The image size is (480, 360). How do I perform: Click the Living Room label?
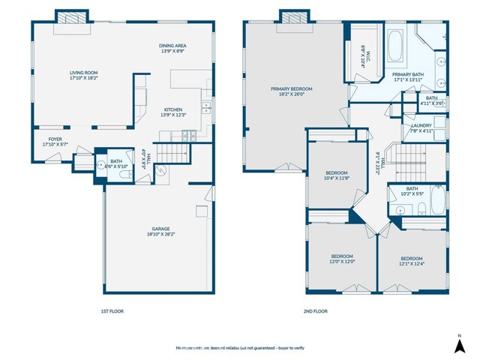tap(85, 74)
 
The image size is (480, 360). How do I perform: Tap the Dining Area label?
tap(175, 48)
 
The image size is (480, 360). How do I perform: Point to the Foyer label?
tap(55, 141)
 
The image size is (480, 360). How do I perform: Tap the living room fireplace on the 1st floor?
tap(73, 17)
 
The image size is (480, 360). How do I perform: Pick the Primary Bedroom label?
tap(292, 90)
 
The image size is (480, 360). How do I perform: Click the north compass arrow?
tap(459, 343)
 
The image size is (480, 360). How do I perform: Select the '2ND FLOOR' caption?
tap(316, 310)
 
